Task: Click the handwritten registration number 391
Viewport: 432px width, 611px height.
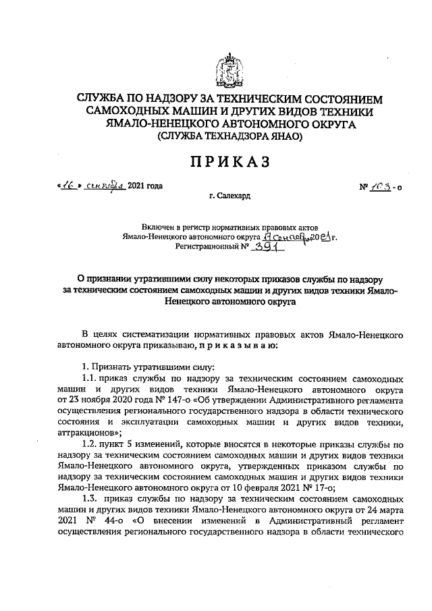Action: pyautogui.click(x=269, y=248)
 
